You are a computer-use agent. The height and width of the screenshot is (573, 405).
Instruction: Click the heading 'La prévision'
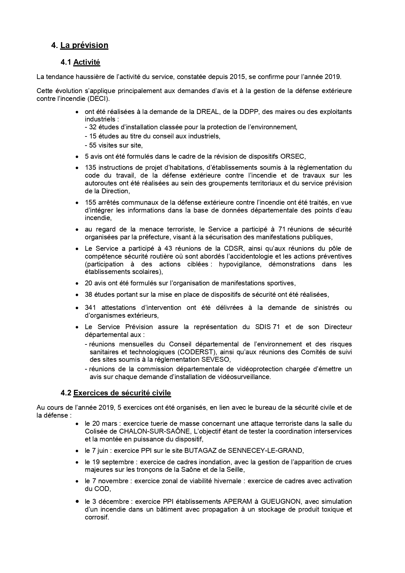(x=84, y=45)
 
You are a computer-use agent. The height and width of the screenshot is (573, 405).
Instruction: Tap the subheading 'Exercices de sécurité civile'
(x=122, y=393)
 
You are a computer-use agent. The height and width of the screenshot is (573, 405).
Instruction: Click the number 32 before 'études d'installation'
(x=93, y=127)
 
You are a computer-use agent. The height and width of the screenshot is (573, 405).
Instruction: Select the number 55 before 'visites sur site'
(x=93, y=145)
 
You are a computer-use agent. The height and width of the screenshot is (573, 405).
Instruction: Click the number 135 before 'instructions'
(x=90, y=168)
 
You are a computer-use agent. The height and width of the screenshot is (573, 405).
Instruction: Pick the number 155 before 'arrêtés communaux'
(x=90, y=203)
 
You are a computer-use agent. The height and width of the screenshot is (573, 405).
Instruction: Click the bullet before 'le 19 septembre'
(x=77, y=462)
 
